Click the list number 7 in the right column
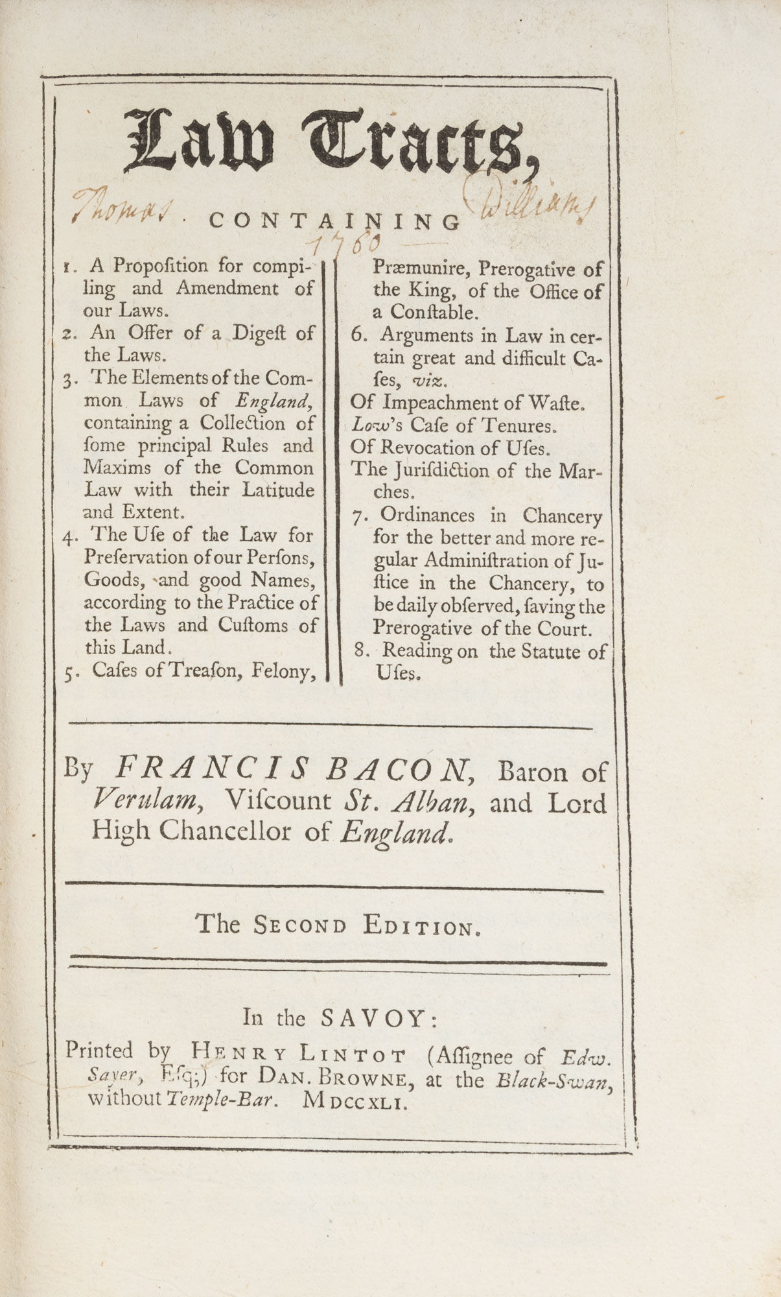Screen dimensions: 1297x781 (x=358, y=517)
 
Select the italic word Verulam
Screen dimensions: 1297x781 (x=143, y=802)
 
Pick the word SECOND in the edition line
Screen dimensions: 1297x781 (x=299, y=925)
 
